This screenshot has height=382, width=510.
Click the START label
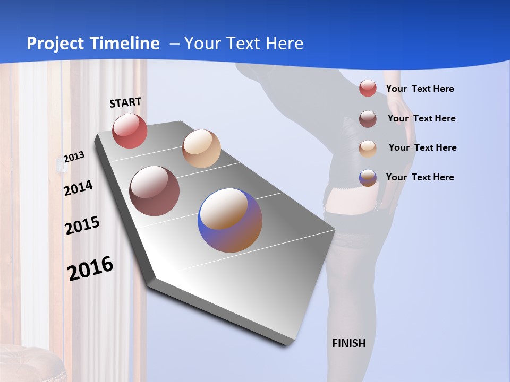coord(125,102)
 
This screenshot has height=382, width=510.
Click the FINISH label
coord(349,343)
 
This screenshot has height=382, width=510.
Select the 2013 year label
coord(74,157)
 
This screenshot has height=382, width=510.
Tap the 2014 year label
coord(78,188)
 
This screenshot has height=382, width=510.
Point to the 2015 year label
coord(82,225)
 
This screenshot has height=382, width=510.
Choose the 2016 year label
coord(90,268)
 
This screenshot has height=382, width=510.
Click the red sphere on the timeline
coord(130,131)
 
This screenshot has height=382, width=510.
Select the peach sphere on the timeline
coord(201,149)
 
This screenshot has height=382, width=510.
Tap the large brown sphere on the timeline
coord(155,191)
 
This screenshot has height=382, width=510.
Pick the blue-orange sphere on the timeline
coord(230,220)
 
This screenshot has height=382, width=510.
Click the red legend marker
coord(368,88)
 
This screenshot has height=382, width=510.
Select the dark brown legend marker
coord(368,119)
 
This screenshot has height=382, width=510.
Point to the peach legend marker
coord(368,148)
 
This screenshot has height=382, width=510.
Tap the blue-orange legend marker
coord(368,178)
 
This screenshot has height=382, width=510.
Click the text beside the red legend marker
coord(420,89)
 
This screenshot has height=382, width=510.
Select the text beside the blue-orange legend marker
coord(420,177)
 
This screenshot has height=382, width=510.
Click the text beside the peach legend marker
coord(422,147)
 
